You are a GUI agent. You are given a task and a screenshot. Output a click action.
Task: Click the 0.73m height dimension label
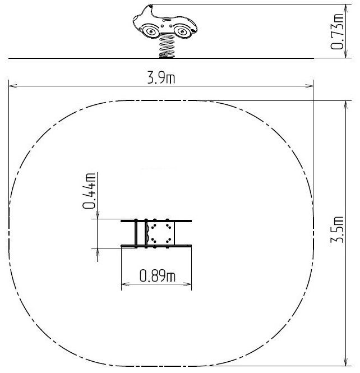click(x=337, y=31)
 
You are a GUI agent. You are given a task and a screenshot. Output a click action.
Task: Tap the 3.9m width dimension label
click(x=161, y=78)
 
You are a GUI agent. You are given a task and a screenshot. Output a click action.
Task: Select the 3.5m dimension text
click(x=337, y=230)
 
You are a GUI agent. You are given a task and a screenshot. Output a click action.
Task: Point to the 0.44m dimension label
click(x=89, y=191)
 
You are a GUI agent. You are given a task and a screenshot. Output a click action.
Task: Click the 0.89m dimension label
click(x=157, y=276)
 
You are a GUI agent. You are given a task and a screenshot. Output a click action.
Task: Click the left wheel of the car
click(x=150, y=31)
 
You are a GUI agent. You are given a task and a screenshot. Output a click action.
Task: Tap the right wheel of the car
click(x=182, y=31)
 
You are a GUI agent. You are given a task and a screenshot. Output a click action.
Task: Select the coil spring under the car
click(x=167, y=45)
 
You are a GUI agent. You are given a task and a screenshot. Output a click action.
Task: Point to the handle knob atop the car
click(x=150, y=6)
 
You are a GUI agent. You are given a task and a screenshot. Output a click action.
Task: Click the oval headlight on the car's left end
click(x=136, y=18)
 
